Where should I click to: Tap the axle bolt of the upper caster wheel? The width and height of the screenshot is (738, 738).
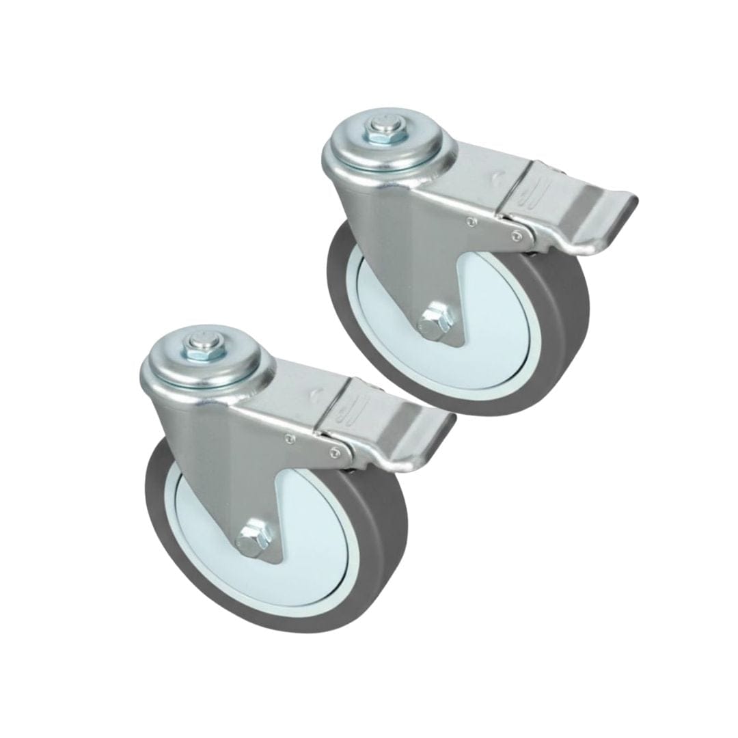point(433,321)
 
